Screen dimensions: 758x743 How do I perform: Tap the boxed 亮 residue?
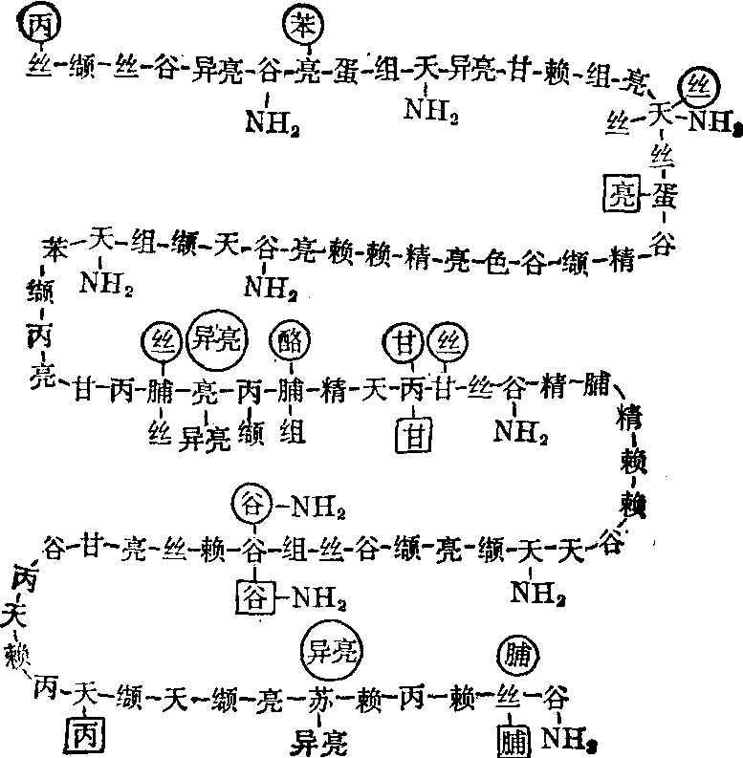point(614,195)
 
